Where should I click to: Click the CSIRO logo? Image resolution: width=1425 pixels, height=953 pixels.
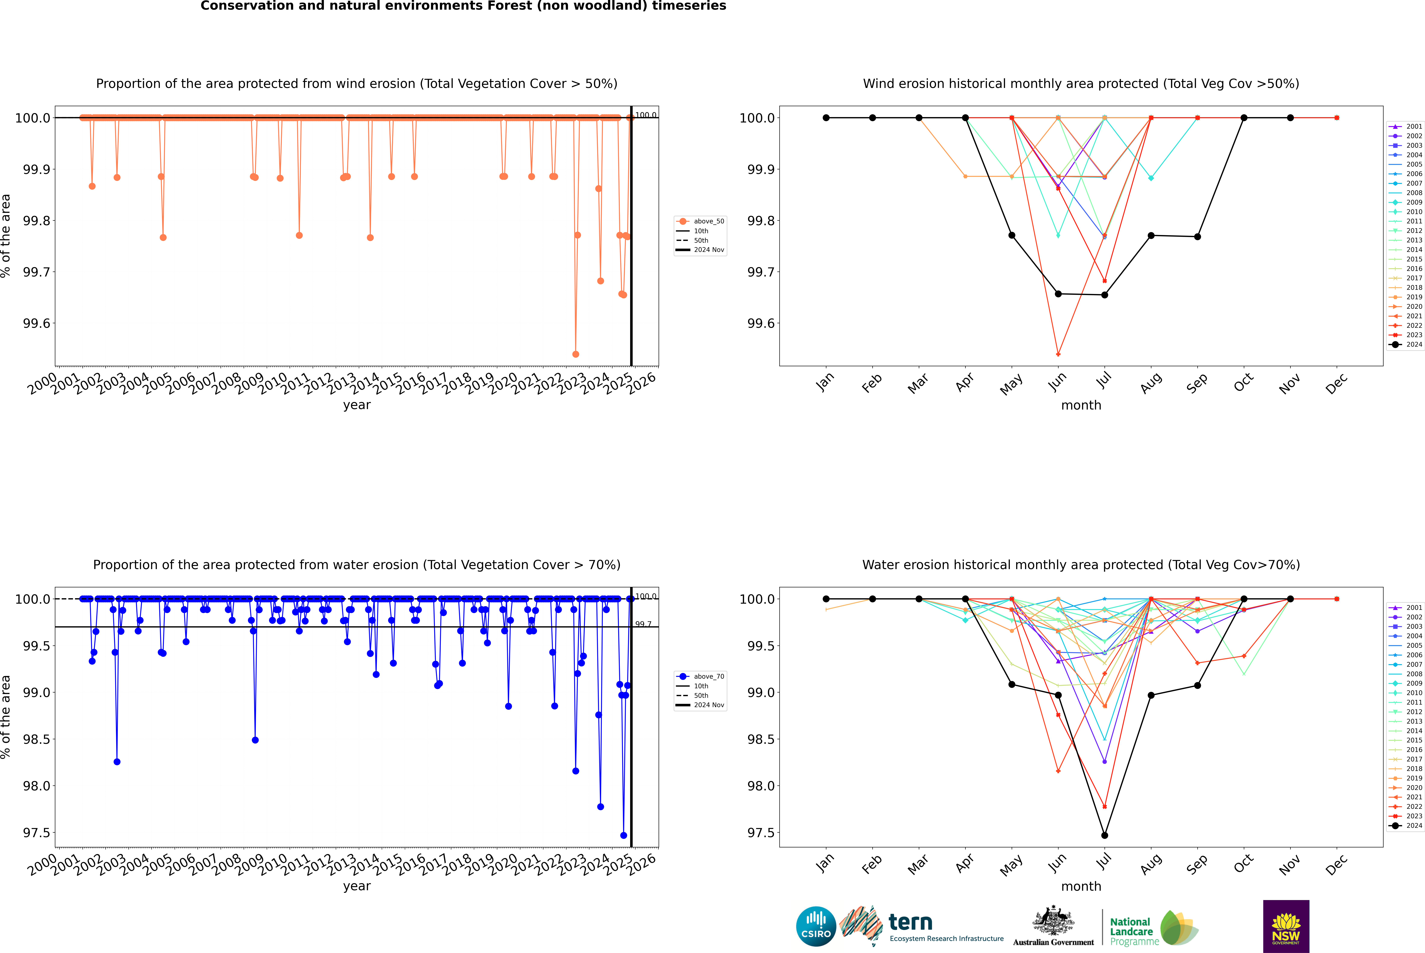(x=816, y=926)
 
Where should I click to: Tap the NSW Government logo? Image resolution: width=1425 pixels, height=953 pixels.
(x=1286, y=926)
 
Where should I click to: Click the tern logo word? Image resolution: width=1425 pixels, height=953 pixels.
(x=910, y=922)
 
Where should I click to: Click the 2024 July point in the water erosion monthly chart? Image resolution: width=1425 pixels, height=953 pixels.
(x=1104, y=835)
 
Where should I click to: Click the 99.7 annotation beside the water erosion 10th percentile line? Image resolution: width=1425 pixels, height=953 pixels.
(x=643, y=624)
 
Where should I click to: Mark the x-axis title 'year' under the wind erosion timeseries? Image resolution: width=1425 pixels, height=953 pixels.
(x=357, y=405)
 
